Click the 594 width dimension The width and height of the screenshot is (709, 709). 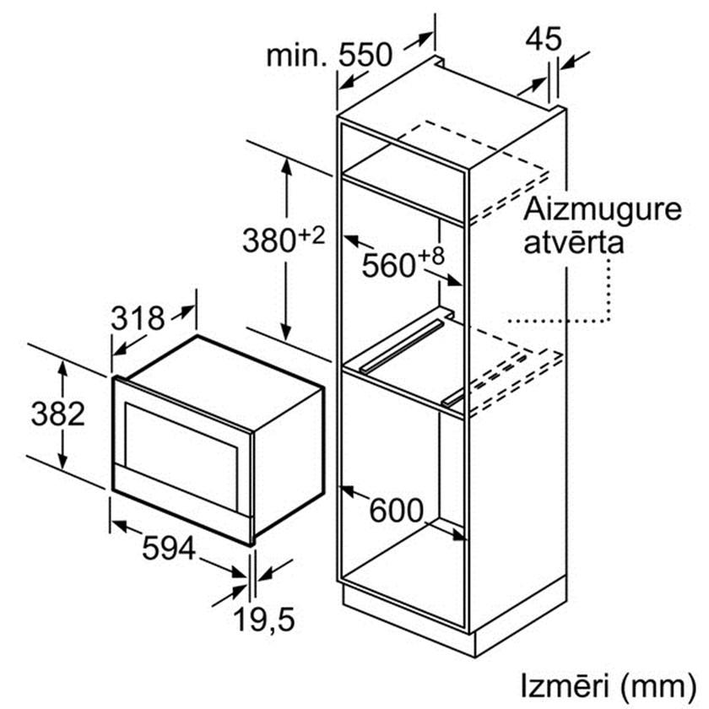click(x=169, y=549)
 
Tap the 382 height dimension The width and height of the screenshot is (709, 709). click(x=58, y=414)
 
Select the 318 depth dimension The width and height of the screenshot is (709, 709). click(x=138, y=318)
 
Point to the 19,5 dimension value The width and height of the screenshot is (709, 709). click(x=264, y=619)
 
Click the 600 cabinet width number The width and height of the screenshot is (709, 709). click(x=396, y=511)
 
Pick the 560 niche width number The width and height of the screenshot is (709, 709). click(x=388, y=265)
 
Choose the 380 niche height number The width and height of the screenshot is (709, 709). click(x=269, y=240)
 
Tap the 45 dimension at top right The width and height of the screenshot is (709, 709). click(x=544, y=39)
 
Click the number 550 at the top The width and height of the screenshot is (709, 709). click(x=365, y=55)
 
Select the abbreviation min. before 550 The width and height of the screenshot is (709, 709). click(x=296, y=56)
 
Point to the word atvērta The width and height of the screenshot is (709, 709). click(x=573, y=242)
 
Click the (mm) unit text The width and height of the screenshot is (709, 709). click(x=658, y=687)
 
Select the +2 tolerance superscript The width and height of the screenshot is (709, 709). click(x=312, y=235)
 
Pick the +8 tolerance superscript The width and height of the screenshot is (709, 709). click(x=431, y=257)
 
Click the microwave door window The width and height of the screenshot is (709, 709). click(x=181, y=457)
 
